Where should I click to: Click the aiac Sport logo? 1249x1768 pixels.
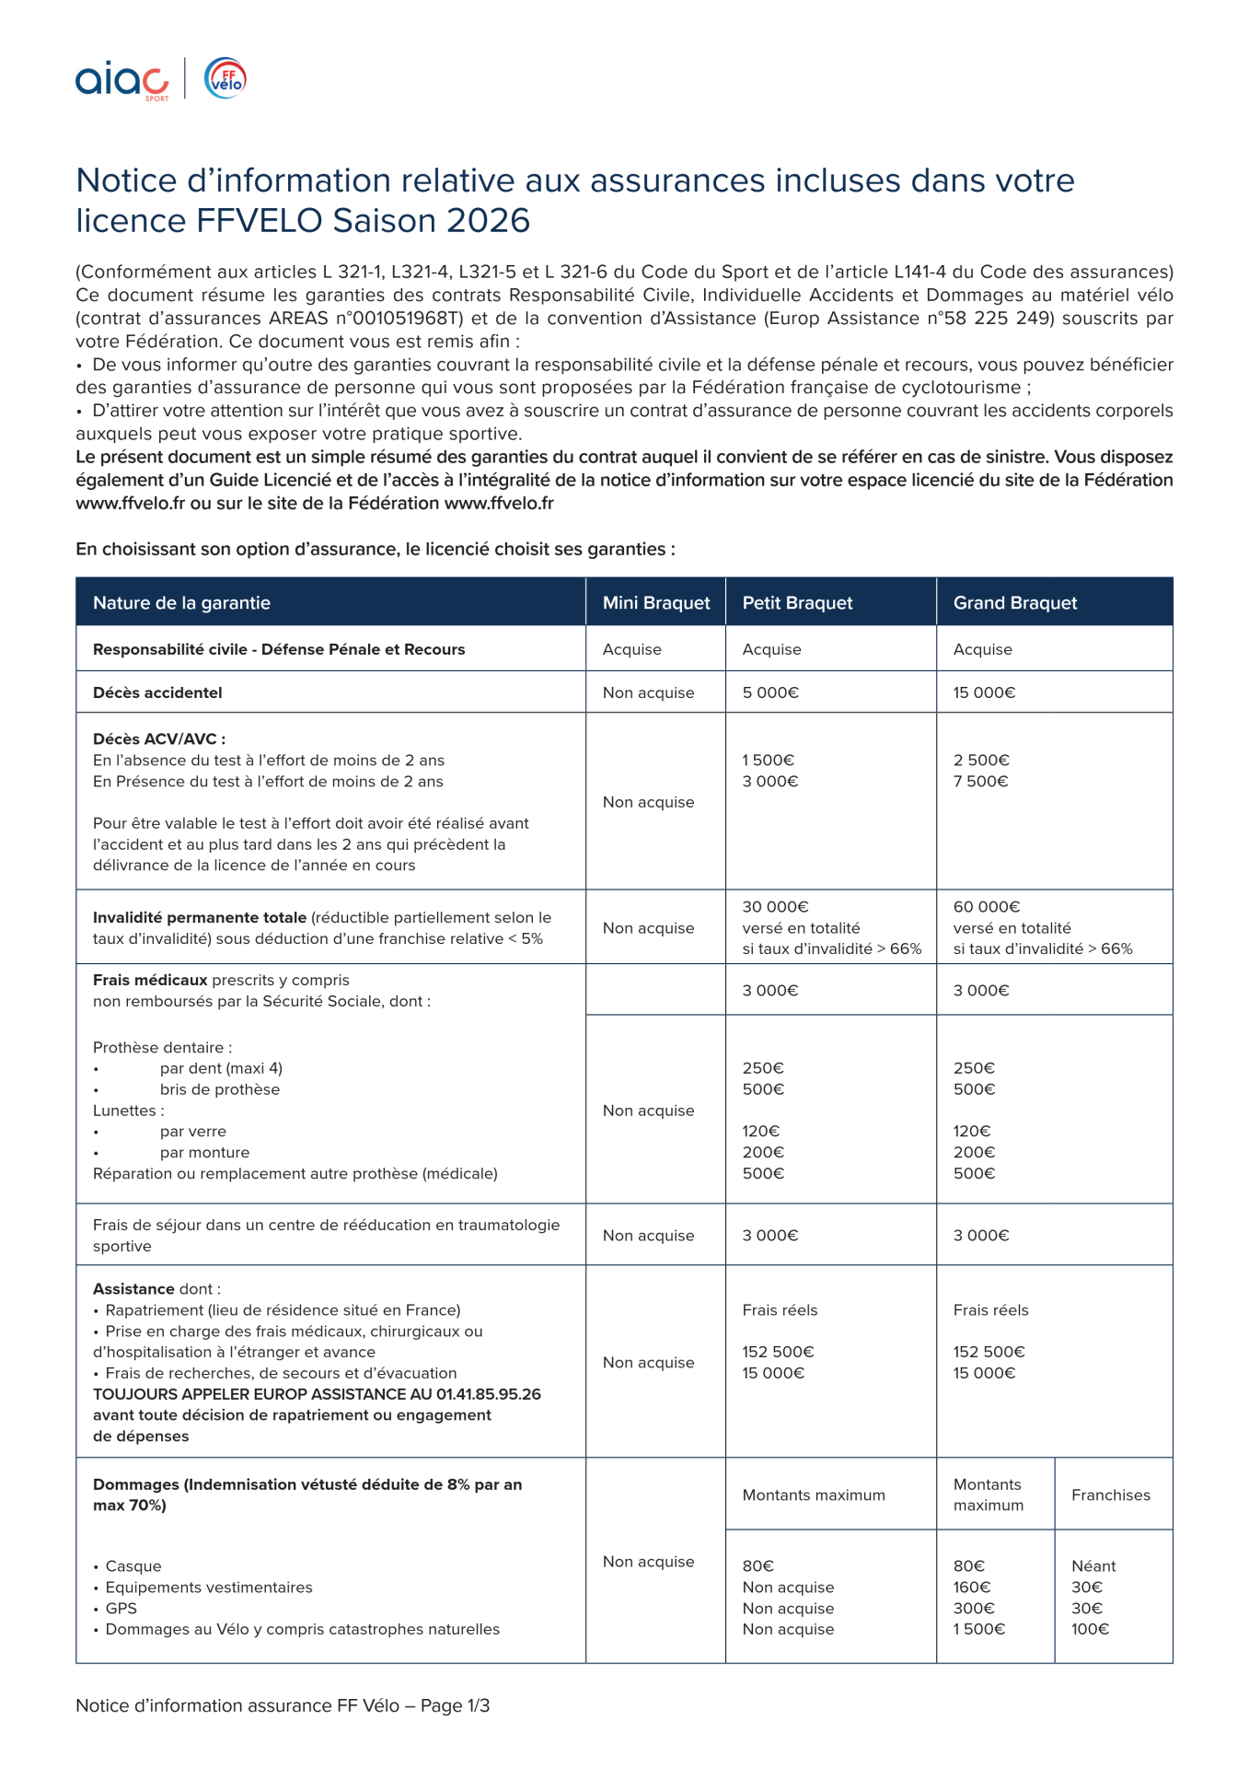(x=121, y=81)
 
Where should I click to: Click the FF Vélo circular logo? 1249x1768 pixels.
(x=226, y=78)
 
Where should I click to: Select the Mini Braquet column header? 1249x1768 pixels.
(x=655, y=603)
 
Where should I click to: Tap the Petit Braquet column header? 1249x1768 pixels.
(x=797, y=603)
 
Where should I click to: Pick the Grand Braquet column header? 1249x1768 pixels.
(x=1014, y=603)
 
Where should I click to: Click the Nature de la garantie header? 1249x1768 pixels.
(x=181, y=603)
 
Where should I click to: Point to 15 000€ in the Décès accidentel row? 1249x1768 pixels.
(x=984, y=692)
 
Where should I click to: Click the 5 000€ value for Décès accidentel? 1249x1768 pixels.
(x=770, y=692)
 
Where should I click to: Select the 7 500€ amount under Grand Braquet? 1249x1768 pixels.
(x=981, y=781)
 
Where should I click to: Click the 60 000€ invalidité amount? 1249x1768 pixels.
(x=987, y=907)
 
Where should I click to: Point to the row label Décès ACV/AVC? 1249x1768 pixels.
(x=158, y=739)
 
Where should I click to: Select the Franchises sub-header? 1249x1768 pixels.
(x=1110, y=1495)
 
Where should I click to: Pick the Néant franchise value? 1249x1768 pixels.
(x=1093, y=1565)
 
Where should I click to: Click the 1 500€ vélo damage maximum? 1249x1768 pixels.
(x=979, y=1629)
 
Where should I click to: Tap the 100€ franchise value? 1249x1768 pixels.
(x=1091, y=1629)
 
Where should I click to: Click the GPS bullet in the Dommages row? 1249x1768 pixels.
(x=121, y=1608)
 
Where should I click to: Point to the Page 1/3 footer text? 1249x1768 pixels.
(x=455, y=1705)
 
